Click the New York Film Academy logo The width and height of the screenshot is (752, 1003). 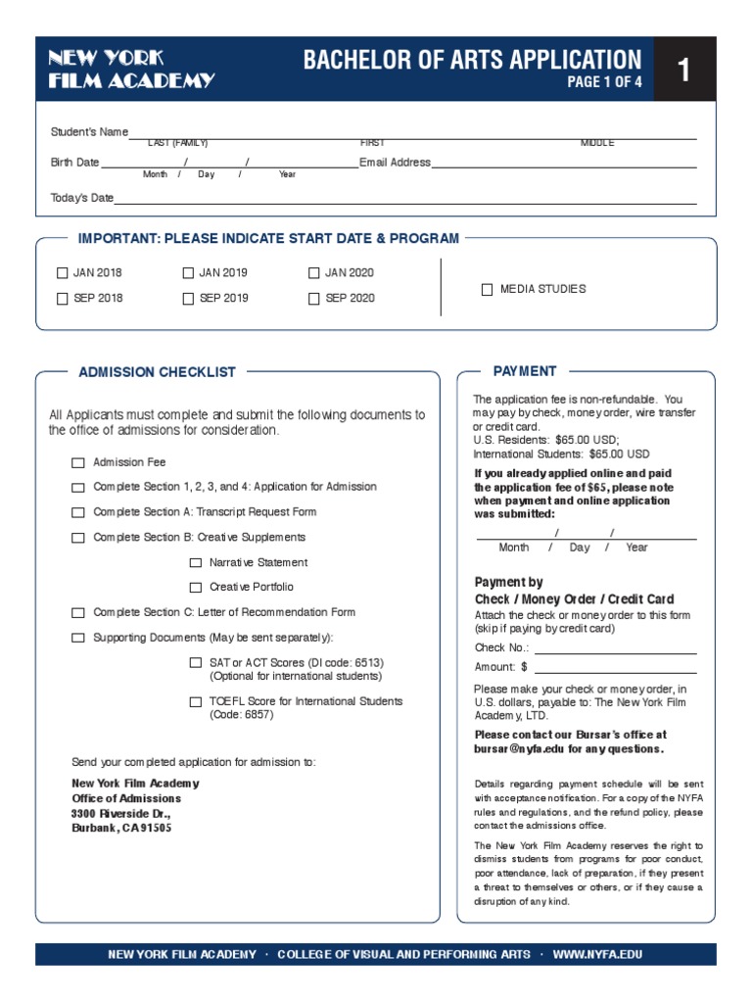[131, 70]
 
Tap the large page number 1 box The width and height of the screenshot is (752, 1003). [684, 70]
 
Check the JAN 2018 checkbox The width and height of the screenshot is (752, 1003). [63, 273]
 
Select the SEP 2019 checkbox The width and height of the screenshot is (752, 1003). [188, 299]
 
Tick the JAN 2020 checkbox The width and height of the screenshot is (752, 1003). [314, 273]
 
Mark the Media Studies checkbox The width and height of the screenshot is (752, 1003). [487, 290]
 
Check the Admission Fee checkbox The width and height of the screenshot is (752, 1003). [78, 462]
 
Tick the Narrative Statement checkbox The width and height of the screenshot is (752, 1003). [196, 563]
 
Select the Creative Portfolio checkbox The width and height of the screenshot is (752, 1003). [196, 588]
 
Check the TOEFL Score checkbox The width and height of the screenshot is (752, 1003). [196, 702]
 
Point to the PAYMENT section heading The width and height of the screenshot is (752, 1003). [524, 371]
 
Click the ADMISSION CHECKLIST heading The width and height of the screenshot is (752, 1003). [157, 372]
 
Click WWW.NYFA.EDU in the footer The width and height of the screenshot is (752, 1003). [597, 954]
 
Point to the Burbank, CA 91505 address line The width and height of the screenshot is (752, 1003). [121, 828]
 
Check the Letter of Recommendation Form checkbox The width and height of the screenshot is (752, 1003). [78, 613]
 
